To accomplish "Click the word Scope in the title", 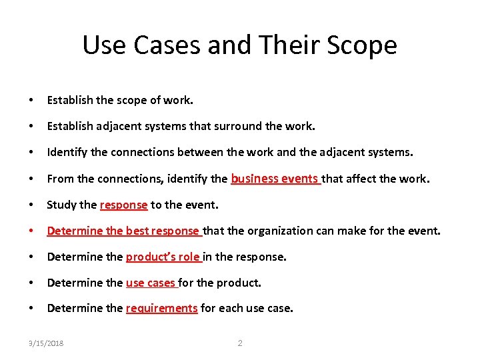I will [363, 45].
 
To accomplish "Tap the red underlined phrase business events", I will [275, 178].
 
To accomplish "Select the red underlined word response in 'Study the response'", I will [123, 205].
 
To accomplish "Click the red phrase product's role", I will [163, 257].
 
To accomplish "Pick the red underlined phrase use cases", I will [151, 283].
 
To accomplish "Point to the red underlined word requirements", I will [161, 308].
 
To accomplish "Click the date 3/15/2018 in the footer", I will [46, 343].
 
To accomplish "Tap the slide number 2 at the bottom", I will [240, 343].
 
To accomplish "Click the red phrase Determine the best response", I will [123, 231].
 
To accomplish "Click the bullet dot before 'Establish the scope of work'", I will [31, 101].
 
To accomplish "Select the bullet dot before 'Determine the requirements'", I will [31, 309].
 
